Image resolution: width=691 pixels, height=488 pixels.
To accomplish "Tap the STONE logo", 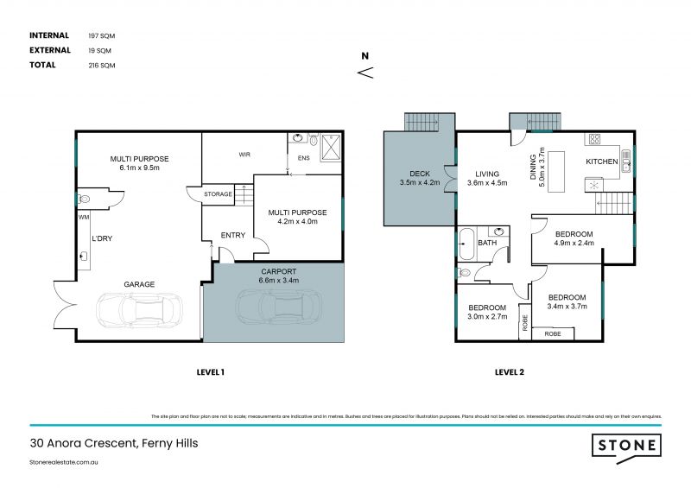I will pyautogui.click(x=626, y=447).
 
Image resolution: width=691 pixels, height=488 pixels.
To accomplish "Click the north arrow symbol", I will pyautogui.click(x=365, y=72).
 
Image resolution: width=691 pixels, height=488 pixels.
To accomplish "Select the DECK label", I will pyautogui.click(x=420, y=173).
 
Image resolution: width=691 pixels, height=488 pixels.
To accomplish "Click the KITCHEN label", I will pyautogui.click(x=601, y=162).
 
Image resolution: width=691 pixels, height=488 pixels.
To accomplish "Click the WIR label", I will pyautogui.click(x=244, y=155).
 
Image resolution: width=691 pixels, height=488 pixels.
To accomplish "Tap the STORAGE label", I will pyautogui.click(x=219, y=194).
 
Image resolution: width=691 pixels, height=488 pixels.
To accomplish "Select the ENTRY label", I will pyautogui.click(x=232, y=235).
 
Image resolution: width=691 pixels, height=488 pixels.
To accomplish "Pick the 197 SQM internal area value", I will pyautogui.click(x=101, y=36).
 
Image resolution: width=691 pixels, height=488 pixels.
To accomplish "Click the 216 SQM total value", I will pyautogui.click(x=101, y=65).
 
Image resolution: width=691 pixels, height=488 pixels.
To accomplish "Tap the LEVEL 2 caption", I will pyautogui.click(x=509, y=372).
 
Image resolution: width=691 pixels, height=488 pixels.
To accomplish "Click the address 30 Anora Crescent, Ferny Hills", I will pyautogui.click(x=114, y=443).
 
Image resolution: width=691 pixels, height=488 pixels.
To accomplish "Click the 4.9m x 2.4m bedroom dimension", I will pyautogui.click(x=574, y=244).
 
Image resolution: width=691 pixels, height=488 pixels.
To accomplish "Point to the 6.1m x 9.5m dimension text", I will pyautogui.click(x=138, y=168).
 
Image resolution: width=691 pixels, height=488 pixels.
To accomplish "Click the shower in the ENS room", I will pyautogui.click(x=331, y=149).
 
